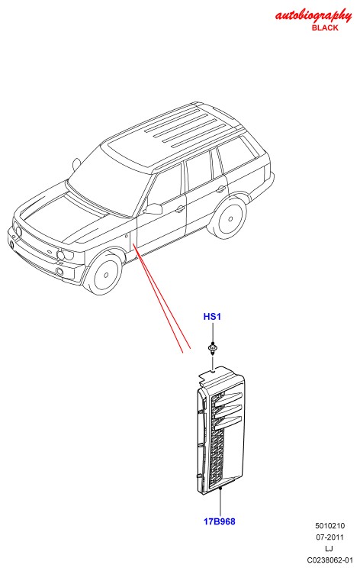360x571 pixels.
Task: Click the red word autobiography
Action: [313, 15]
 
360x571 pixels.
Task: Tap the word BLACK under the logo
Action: [325, 27]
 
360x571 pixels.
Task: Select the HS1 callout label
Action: [212, 317]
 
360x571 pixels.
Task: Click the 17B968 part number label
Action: [219, 521]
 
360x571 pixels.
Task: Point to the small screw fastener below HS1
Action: [212, 349]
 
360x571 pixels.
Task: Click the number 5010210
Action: [329, 526]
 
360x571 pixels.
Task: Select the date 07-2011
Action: [329, 537]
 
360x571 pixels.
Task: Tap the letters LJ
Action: [329, 548]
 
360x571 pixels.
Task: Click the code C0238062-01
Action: [329, 560]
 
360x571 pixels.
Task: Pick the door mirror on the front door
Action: [153, 208]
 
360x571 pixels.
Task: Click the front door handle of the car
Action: [179, 208]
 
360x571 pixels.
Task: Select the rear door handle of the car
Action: [220, 189]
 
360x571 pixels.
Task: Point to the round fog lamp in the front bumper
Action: [59, 271]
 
